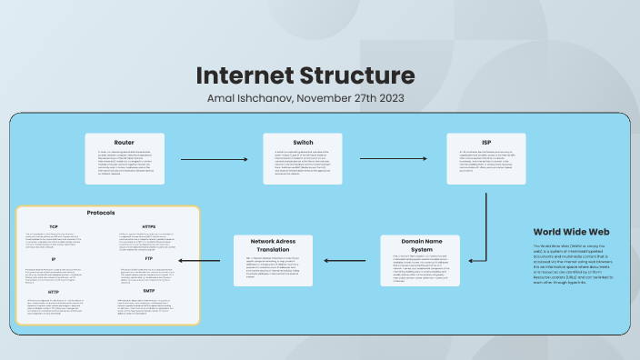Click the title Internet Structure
pyautogui.click(x=305, y=75)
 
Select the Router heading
pyautogui.click(x=125, y=142)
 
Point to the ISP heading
pyautogui.click(x=486, y=142)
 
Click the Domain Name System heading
pyautogui.click(x=422, y=245)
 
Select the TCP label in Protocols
pyautogui.click(x=54, y=226)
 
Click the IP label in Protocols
pyautogui.click(x=54, y=259)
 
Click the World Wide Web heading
pyautogui.click(x=571, y=232)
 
